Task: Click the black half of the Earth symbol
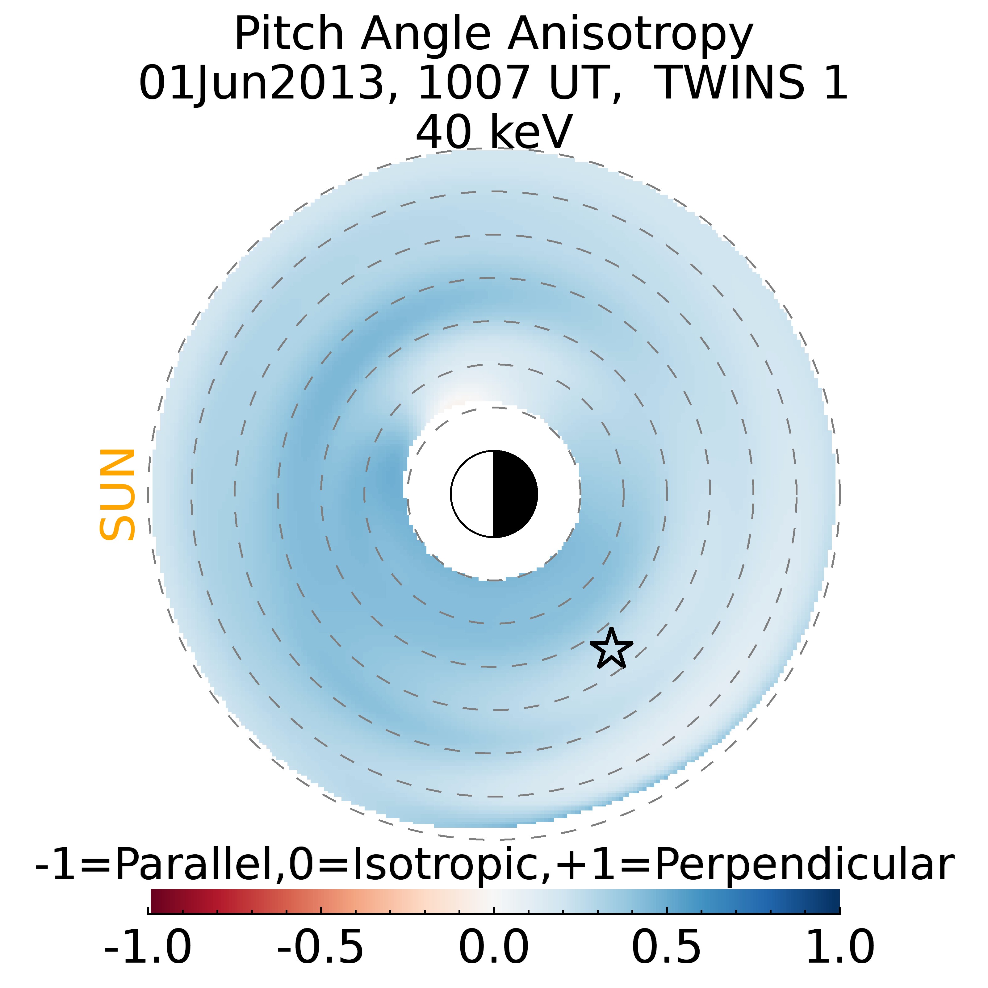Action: pos(514,494)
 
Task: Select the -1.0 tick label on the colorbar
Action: pos(148,947)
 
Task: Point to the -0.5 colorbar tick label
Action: pos(321,947)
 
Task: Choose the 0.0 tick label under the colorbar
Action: pos(493,947)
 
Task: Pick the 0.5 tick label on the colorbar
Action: pos(666,947)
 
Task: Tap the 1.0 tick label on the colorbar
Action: pos(839,947)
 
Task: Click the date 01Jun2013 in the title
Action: pos(261,83)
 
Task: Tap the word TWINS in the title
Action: pos(730,83)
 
